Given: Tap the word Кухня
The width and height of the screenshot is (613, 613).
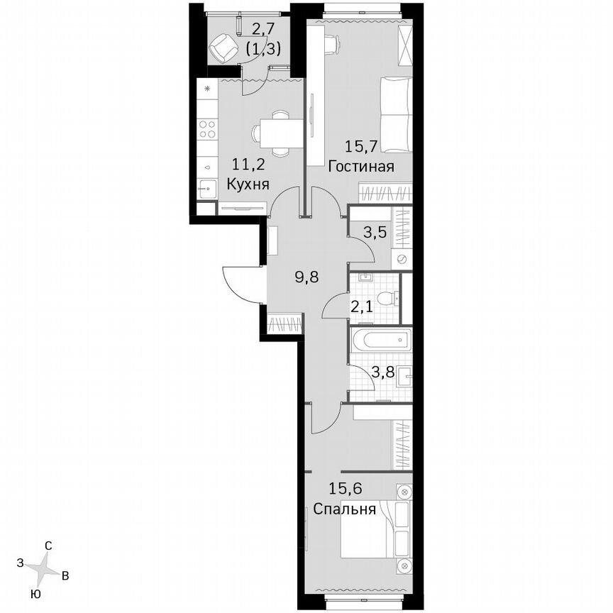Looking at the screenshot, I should coord(247,184).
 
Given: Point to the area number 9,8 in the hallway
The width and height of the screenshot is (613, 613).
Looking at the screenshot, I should coord(306,277).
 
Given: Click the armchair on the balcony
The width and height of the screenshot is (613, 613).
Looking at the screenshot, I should coord(223,48).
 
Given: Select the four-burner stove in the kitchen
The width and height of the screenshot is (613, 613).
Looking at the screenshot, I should coord(207,129).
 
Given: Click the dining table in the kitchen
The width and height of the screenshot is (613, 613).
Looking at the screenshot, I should coord(273,132).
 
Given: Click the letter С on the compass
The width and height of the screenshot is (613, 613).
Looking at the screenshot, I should coord(48,546).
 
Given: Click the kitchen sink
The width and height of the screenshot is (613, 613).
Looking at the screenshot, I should coord(207,188).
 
